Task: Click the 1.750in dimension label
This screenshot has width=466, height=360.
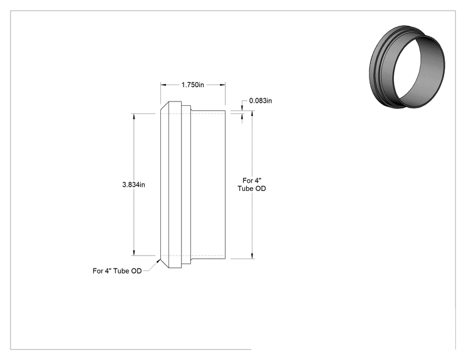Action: coord(192,85)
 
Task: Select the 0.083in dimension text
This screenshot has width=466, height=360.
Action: coord(261,101)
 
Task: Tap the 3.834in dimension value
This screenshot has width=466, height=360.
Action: coord(134,185)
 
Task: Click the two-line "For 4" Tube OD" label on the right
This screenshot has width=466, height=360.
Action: coord(252,185)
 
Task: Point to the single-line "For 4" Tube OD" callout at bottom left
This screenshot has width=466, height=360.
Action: coord(117,271)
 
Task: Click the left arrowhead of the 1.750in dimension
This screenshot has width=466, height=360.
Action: coord(163,85)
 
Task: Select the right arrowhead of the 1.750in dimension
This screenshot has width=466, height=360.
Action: coord(222,85)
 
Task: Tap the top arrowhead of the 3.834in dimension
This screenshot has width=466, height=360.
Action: coord(134,116)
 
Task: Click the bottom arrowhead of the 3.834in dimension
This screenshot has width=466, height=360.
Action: coord(134,253)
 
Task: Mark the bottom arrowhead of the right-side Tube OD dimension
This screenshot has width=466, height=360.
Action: coord(252,256)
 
